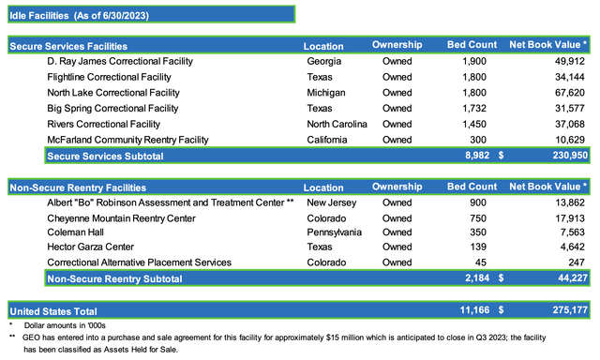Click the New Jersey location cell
pyautogui.click(x=331, y=202)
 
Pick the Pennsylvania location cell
pyautogui.click(x=334, y=232)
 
